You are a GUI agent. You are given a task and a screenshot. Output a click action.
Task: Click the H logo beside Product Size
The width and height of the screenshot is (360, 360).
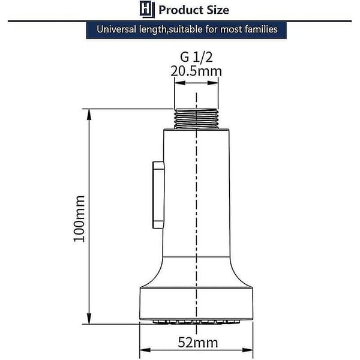tap(147, 9)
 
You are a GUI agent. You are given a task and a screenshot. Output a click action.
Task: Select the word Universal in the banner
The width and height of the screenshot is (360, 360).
tap(116, 29)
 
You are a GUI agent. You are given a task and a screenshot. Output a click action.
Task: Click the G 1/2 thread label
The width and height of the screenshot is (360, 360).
tap(196, 57)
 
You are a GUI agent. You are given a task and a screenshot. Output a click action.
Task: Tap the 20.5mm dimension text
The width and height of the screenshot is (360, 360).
tap(196, 71)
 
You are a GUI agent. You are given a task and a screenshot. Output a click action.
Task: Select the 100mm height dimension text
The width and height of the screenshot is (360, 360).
tap(79, 219)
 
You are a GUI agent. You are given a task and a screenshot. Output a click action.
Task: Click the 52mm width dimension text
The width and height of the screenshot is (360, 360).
tap(198, 343)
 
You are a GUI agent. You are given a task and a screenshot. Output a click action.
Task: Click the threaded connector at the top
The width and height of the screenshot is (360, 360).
tap(196, 119)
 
